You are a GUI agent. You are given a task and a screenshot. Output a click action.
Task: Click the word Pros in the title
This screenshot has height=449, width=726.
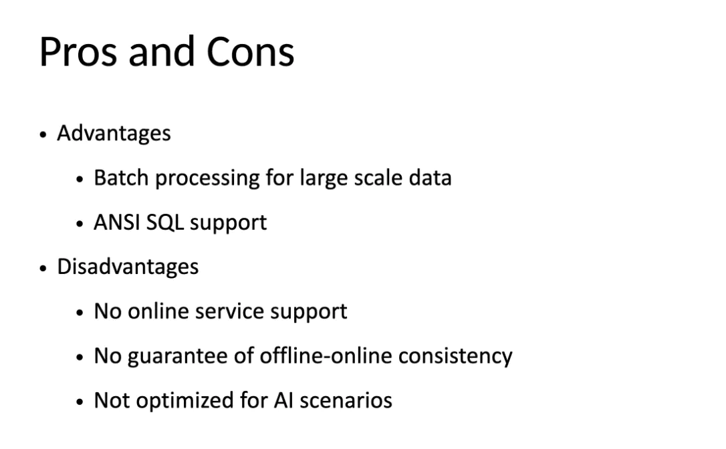[78, 52]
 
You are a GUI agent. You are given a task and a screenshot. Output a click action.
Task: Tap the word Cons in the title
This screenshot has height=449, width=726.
[250, 52]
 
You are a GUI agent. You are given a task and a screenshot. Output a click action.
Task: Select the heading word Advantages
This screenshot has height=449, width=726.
[114, 134]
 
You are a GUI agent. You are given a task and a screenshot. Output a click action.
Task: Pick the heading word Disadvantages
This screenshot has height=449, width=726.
[128, 267]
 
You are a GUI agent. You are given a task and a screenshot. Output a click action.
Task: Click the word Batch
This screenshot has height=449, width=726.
[121, 178]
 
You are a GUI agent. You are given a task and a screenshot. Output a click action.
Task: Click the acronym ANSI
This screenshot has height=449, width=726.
[117, 222]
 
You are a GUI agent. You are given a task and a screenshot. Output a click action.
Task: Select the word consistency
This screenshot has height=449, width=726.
[456, 357]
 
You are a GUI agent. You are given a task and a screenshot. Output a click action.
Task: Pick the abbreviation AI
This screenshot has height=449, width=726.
[284, 400]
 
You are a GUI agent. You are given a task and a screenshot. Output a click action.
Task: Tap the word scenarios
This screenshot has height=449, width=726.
[346, 400]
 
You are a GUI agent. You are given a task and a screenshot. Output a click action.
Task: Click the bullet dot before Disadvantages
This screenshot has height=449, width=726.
[43, 268]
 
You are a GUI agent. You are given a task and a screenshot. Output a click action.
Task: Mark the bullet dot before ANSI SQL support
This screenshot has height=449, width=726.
[80, 224]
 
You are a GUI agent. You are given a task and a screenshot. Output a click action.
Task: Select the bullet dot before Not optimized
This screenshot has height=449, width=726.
[80, 402]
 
